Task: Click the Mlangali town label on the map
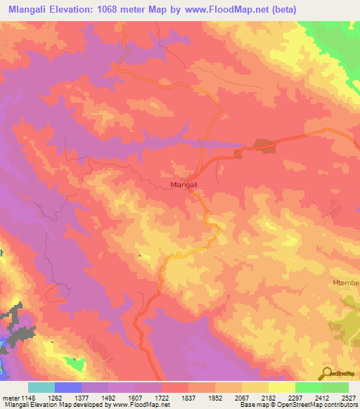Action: tap(184, 185)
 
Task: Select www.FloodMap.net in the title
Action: tap(227, 9)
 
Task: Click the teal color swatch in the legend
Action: tap(41, 387)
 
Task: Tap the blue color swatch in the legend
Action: tap(67, 387)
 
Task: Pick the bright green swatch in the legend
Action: tap(308, 387)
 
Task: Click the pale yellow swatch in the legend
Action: tap(281, 387)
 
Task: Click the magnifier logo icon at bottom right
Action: tap(327, 372)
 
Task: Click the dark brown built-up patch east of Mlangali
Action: tap(264, 145)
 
